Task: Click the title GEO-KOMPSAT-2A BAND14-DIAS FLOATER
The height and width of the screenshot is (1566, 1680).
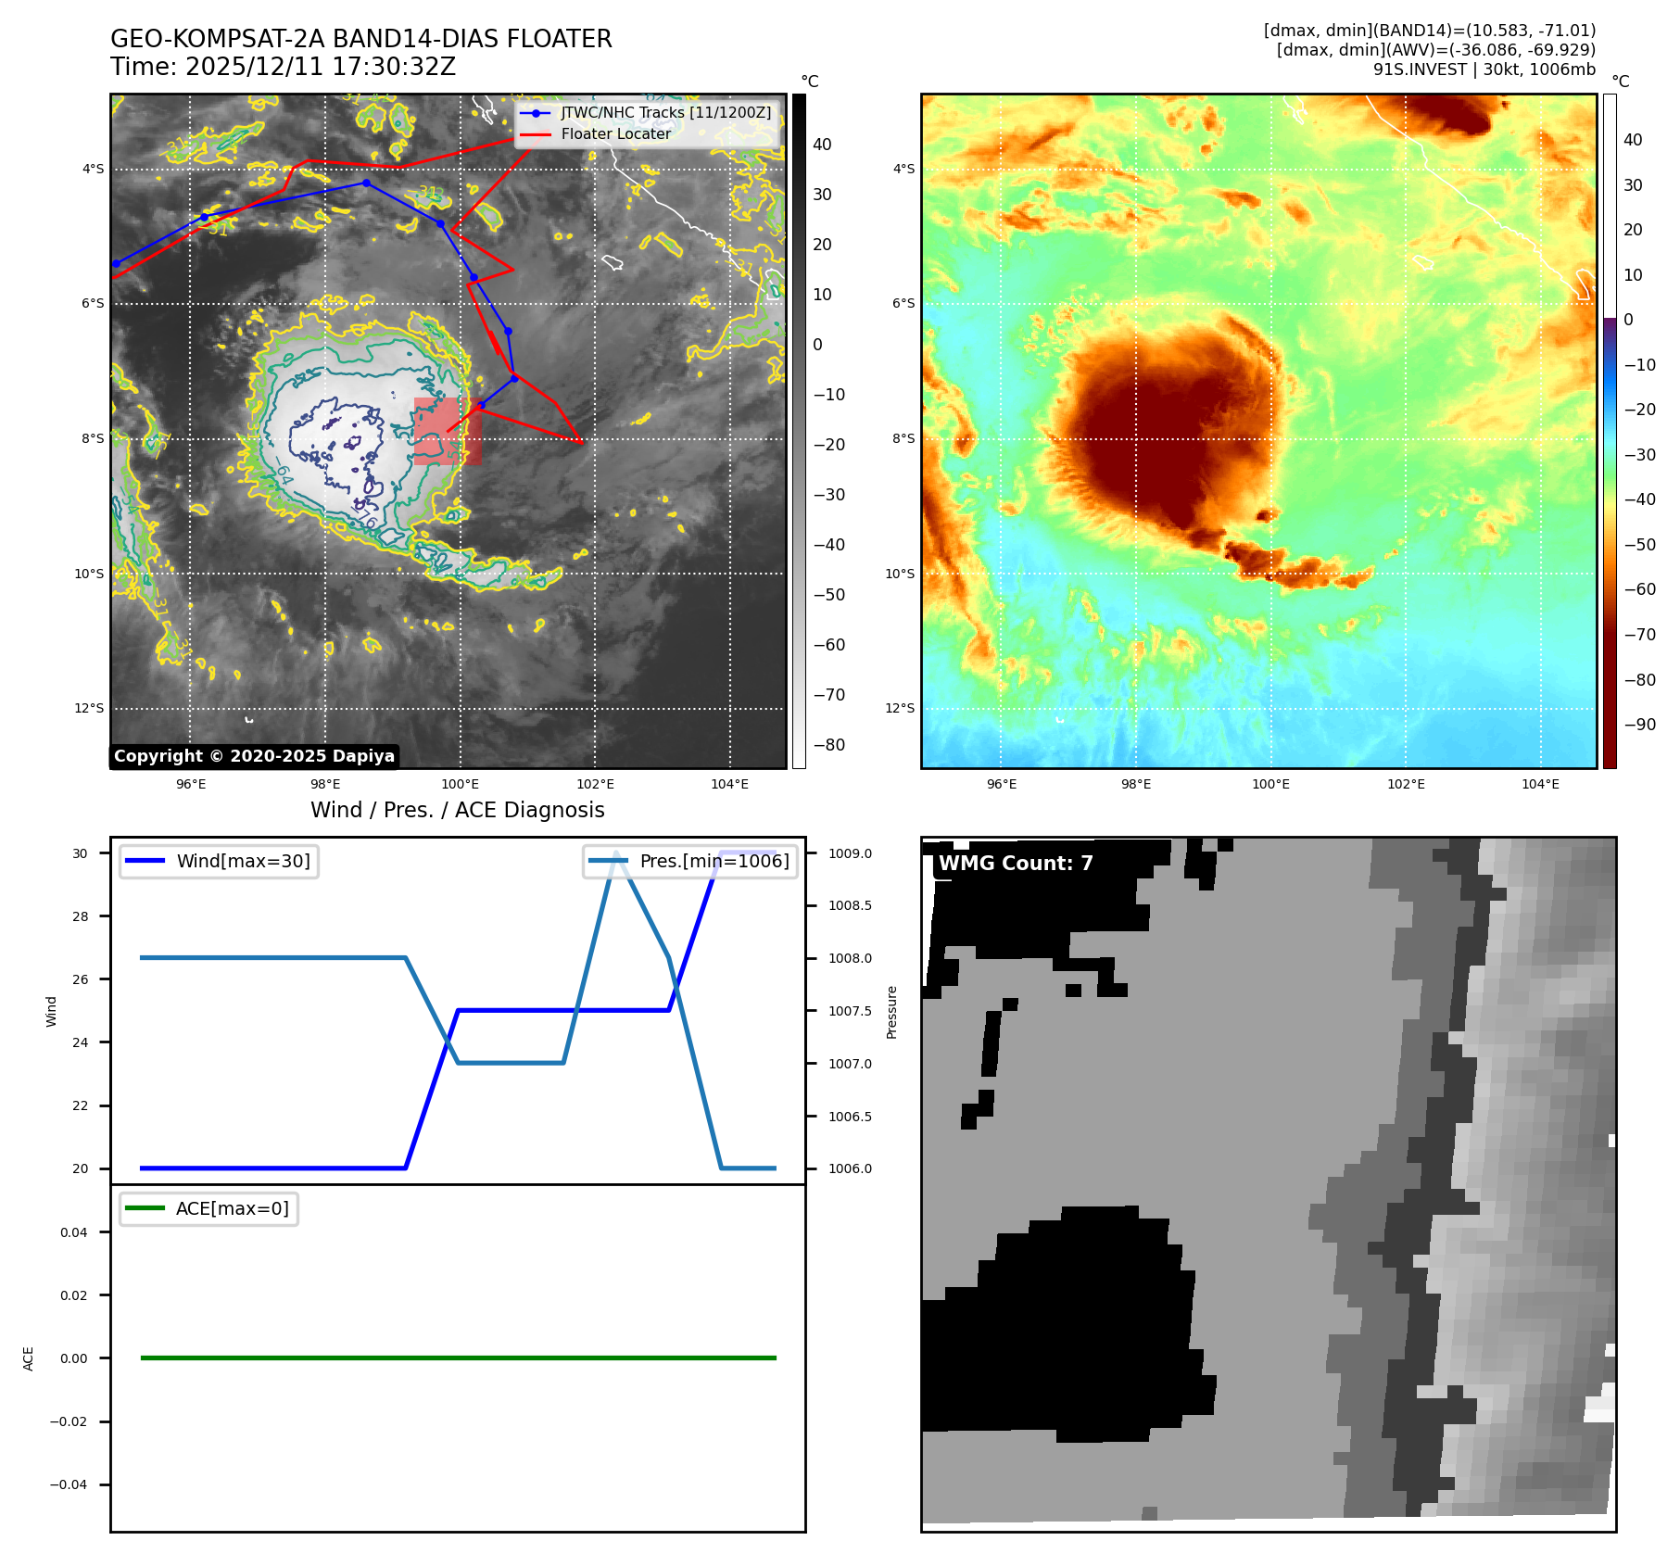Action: pos(360,39)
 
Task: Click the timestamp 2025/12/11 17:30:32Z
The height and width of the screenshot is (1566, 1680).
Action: pos(320,68)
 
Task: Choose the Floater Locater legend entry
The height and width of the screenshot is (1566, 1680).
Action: pos(615,134)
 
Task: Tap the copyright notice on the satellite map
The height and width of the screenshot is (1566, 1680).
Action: pos(254,756)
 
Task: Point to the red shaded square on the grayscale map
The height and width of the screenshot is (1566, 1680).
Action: pos(447,431)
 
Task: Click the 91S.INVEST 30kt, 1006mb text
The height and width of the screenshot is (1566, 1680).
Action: pos(1484,69)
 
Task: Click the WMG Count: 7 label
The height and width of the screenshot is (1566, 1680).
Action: pos(1016,864)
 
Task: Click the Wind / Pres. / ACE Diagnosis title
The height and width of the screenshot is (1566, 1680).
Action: pos(457,810)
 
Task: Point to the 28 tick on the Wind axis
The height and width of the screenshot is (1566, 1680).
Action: pos(81,916)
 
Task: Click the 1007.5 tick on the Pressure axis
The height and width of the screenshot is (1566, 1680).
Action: pos(850,1011)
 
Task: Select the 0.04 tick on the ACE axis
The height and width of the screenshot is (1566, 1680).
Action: pos(74,1232)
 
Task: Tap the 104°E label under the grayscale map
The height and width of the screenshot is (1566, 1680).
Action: pos(729,785)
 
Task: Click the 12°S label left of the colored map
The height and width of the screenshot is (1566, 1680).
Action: pos(899,709)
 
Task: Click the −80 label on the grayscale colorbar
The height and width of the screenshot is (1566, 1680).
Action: pos(828,745)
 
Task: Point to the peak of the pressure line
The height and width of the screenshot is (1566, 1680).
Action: pos(616,853)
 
